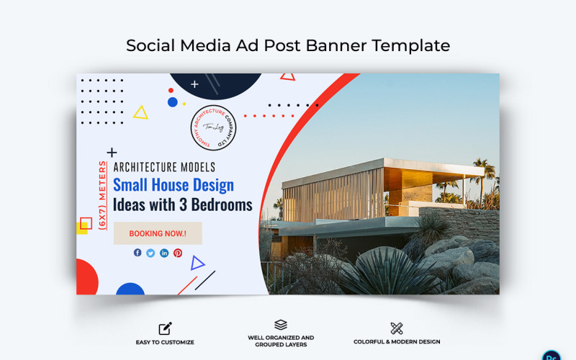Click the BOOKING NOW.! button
[158, 233]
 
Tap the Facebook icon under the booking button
[138, 253]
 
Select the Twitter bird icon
[150, 253]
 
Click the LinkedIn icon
[164, 253]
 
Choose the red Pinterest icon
[178, 253]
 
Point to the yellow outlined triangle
[140, 112]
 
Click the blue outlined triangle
[197, 263]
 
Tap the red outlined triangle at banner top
[287, 76]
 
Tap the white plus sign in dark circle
[194, 84]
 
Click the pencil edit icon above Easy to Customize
[165, 328]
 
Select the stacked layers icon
[281, 325]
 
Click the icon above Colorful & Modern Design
[396, 328]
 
